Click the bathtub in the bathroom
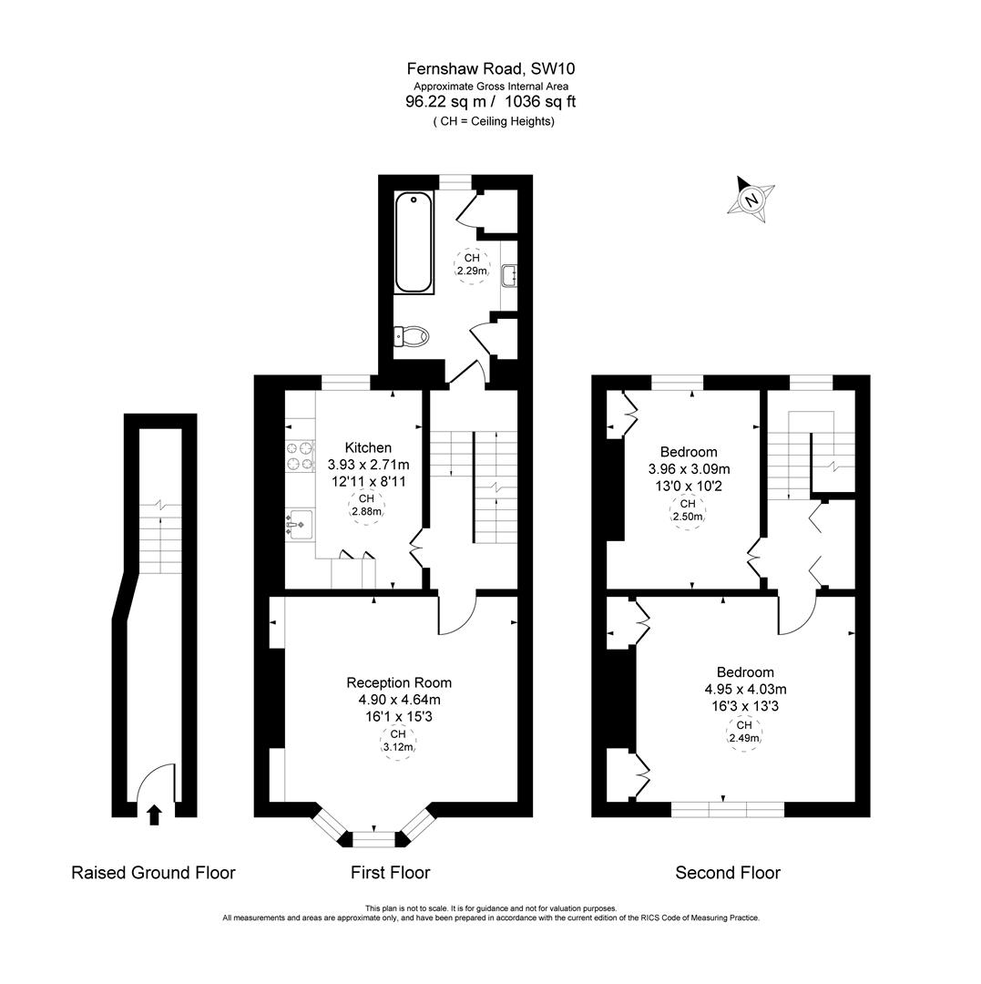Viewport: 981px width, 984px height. click(x=413, y=242)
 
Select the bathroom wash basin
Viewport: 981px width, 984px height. click(x=509, y=273)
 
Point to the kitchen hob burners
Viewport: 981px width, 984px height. click(x=299, y=456)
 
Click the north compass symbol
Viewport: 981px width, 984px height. click(x=751, y=198)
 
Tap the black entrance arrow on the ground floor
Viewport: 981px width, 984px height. click(x=154, y=814)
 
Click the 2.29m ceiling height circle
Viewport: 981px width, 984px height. click(x=472, y=265)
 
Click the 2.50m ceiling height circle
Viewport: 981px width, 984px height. click(x=689, y=510)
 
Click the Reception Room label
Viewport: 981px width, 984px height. click(x=398, y=682)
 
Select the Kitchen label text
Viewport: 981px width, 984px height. click(x=368, y=447)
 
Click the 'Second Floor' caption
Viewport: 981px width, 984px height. click(x=727, y=873)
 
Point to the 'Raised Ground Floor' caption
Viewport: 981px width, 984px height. click(x=153, y=873)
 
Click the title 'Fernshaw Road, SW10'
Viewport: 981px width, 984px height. click(x=490, y=68)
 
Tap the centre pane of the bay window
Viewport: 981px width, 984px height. click(x=373, y=838)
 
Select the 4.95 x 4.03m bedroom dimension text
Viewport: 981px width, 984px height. click(x=744, y=690)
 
